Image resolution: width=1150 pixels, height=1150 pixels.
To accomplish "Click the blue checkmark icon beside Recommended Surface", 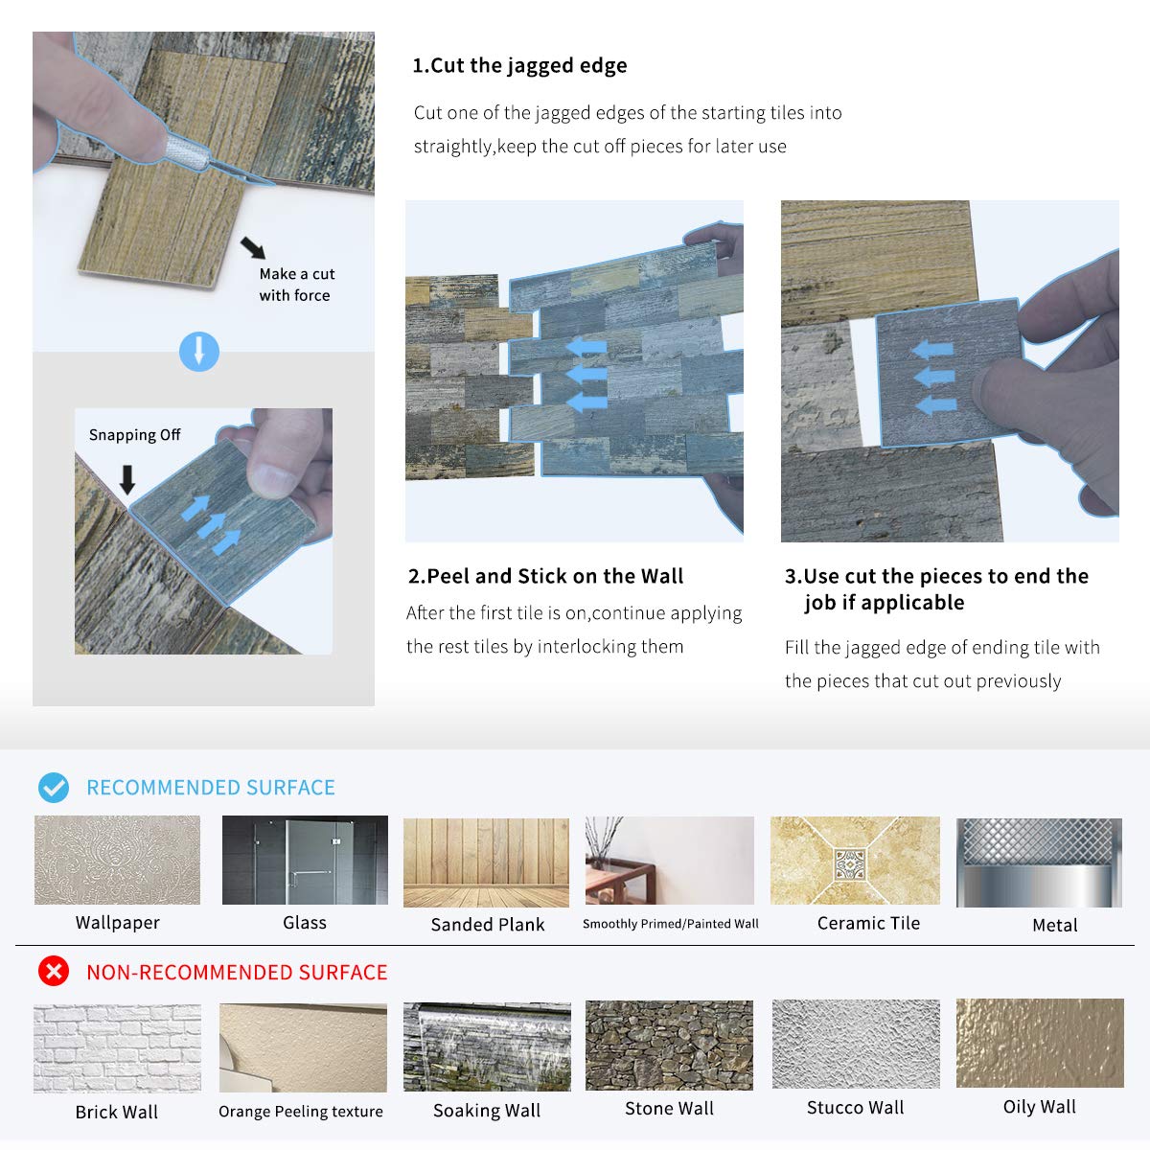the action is tap(54, 787).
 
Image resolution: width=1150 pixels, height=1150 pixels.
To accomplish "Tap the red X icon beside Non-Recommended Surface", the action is tap(54, 971).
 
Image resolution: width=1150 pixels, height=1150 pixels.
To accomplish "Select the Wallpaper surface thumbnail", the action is tap(117, 860).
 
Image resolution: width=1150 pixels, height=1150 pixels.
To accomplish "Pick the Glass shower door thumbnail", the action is tap(305, 860).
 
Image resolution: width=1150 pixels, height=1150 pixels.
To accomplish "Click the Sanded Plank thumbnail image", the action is tap(486, 862).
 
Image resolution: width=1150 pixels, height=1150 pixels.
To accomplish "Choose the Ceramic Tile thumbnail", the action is tap(855, 860).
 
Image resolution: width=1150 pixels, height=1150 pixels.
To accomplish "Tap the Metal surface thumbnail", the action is tap(1039, 862).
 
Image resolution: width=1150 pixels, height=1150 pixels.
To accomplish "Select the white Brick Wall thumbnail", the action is tap(117, 1048).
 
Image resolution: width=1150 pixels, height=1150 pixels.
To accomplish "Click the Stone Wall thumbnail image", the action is tap(669, 1046).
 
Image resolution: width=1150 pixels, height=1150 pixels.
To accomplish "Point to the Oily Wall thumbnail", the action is tap(1040, 1044).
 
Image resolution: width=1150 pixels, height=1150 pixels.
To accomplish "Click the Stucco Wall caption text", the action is tap(855, 1108).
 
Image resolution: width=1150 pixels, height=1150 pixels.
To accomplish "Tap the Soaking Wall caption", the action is tap(487, 1110).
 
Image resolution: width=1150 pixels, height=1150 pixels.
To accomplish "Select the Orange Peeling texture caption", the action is tap(301, 1112).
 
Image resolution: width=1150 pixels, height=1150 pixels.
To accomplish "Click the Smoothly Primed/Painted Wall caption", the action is tap(670, 924).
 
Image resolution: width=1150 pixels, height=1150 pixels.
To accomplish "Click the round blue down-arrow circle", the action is tap(199, 352).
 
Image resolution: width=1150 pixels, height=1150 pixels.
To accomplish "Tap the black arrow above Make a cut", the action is tap(254, 247).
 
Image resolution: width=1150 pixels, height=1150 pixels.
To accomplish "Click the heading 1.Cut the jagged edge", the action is tap(519, 66).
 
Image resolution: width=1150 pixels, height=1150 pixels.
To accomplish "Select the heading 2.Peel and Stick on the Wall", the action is tap(545, 576).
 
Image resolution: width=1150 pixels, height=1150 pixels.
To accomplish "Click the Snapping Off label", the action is tap(134, 434).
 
